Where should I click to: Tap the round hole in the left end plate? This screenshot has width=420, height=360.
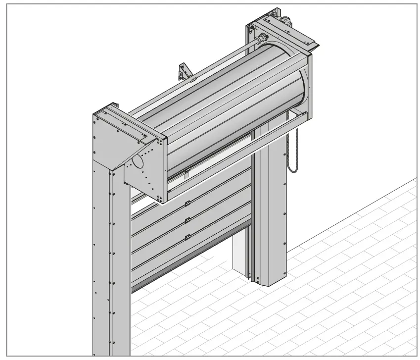138,161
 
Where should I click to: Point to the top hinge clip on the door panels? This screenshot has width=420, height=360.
187,204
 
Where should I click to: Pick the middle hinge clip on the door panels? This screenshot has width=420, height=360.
187,220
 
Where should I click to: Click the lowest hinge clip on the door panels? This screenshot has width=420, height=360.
187,237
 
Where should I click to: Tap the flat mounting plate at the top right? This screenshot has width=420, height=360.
297,35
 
